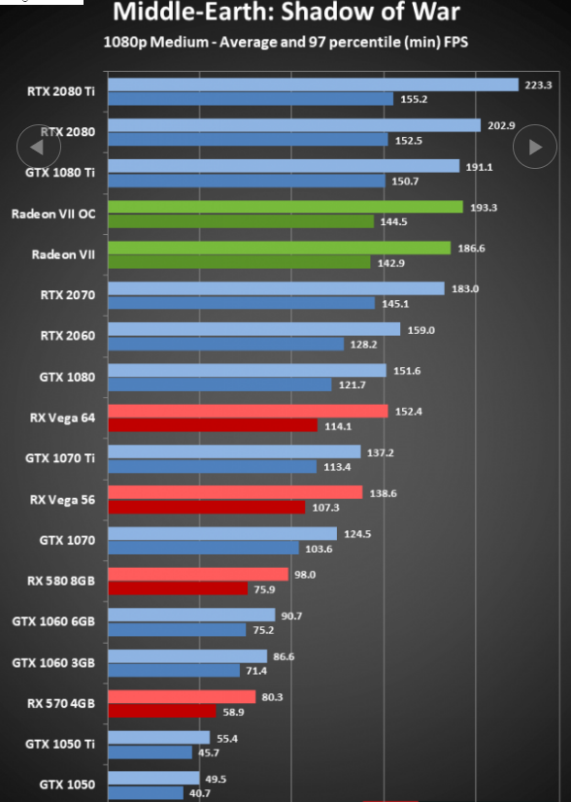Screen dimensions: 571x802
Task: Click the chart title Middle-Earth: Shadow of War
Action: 286,12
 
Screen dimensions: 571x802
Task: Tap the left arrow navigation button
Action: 39,147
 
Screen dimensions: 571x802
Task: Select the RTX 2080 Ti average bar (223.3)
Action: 313,84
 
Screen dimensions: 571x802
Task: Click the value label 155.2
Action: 414,99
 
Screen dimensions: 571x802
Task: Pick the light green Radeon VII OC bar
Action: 285,207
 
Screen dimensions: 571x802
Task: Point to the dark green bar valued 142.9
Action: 239,262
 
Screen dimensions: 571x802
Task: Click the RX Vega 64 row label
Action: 62,418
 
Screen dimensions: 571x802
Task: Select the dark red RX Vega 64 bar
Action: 213,425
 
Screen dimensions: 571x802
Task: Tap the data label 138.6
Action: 383,493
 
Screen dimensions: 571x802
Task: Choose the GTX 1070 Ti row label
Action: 60,458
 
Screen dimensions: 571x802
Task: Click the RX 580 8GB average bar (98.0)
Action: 198,574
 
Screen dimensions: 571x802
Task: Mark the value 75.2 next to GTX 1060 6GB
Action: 263,630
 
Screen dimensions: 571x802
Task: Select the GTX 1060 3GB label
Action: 53,663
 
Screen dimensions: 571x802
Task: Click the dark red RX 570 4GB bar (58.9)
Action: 161,711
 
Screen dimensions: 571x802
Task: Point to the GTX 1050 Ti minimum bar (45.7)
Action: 150,752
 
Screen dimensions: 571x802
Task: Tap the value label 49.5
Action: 216,779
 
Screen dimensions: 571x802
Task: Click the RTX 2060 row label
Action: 68,336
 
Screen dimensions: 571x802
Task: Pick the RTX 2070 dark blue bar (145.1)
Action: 241,303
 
